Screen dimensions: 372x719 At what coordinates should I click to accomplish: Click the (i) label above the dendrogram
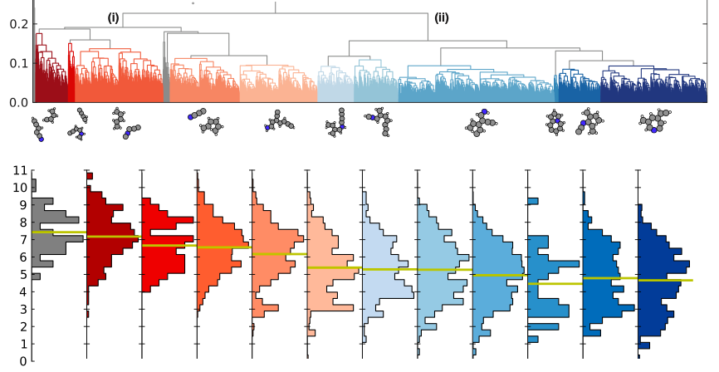coord(114,17)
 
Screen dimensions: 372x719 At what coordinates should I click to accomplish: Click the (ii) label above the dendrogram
coord(442,17)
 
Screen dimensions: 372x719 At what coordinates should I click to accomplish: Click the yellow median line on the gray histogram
coord(58,232)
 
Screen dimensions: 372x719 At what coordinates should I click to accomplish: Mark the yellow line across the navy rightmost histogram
coord(664,280)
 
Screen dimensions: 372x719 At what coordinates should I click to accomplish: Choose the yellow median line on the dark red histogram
coord(113,237)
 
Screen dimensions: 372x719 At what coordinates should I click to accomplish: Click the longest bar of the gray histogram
coord(58,239)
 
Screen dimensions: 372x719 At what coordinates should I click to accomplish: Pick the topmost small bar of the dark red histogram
coord(90,176)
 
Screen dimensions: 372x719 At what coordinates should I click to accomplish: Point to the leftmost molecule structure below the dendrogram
coord(37,129)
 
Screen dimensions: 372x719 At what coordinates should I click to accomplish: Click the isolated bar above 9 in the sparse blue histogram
coord(533,201)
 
